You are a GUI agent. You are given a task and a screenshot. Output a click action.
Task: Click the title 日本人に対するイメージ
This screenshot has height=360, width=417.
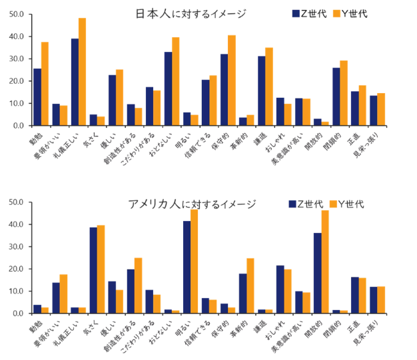pos(191,13)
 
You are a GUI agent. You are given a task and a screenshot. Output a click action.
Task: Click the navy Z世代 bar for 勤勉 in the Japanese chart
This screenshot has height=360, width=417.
pos(37,97)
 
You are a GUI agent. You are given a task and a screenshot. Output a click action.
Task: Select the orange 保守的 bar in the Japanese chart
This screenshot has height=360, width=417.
pos(231,81)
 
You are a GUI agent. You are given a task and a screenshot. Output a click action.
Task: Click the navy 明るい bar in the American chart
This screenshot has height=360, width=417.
pos(187,267)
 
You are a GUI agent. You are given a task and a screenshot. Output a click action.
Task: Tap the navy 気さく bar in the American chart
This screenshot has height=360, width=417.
pos(94,270)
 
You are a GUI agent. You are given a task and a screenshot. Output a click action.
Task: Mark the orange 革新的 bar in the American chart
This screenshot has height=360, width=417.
pos(250,285)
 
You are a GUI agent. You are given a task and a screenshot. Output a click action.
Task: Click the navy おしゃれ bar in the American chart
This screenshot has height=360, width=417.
pos(280,289)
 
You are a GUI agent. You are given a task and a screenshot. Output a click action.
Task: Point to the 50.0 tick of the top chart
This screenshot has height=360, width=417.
pos(17,14)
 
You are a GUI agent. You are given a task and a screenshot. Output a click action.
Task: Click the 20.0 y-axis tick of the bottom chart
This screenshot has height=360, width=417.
pos(17,269)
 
